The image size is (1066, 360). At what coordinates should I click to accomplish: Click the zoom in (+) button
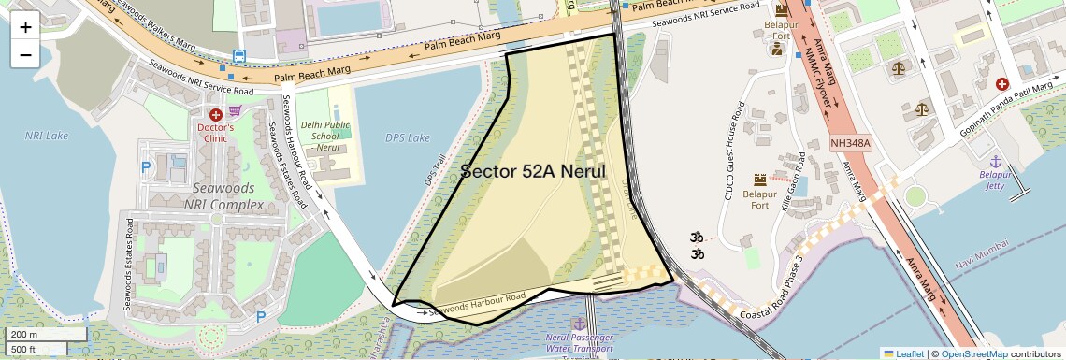[x=25, y=27]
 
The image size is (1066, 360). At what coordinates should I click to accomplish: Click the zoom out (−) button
[x=25, y=54]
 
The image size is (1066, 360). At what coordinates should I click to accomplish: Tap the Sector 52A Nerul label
[x=534, y=172]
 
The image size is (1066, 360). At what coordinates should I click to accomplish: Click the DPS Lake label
[x=408, y=138]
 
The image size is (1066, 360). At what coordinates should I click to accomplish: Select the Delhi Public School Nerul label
[x=324, y=136]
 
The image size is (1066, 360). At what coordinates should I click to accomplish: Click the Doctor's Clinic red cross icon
[x=216, y=114]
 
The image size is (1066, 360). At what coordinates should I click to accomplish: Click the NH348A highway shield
[x=851, y=144]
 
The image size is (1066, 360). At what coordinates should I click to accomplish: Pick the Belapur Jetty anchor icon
[x=996, y=162]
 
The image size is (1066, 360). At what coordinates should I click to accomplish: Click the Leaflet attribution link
[x=903, y=353]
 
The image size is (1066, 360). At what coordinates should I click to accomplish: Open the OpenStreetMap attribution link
[x=974, y=353]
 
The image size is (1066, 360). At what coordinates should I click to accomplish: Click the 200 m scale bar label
[x=24, y=335]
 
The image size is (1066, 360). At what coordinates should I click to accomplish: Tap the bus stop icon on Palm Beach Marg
[x=239, y=56]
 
